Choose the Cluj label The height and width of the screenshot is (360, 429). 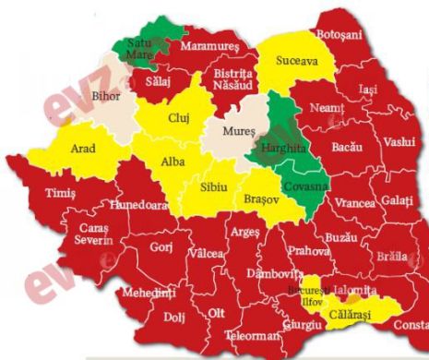pyautogui.click(x=180, y=119)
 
